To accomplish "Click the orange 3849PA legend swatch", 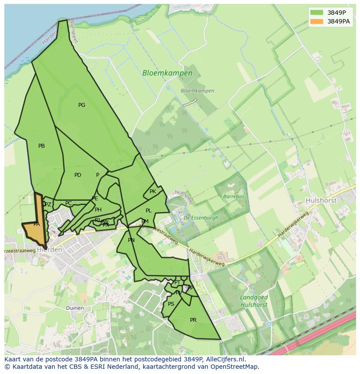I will coord(317,21).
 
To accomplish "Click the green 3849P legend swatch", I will coord(317,13).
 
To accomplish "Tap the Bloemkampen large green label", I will coord(167,73).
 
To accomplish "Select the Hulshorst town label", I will coord(321,201).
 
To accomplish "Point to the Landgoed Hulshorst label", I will coord(254,301).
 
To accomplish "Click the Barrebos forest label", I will coord(233,196).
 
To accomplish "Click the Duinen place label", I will coord(75,308).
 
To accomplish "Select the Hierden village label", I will coord(50,250).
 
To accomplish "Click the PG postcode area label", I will coord(82,105).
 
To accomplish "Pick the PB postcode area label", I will coord(41,146).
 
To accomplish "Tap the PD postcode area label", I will coord(78,175).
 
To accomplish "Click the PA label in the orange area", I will coord(37,224).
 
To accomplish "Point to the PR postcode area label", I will coord(193,320).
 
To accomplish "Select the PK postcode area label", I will coord(153,192).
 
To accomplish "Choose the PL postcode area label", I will coord(148,211).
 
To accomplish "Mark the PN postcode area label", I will coord(131,240).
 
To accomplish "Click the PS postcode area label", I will coord(171,304).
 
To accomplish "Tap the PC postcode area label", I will coord(68,203).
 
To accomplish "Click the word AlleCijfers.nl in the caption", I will coord(225,359).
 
